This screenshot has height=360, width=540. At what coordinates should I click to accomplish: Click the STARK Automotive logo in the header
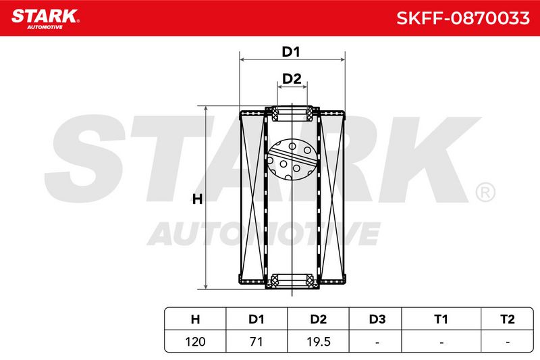[x=45, y=19]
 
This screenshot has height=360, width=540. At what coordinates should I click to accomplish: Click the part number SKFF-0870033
[x=463, y=18]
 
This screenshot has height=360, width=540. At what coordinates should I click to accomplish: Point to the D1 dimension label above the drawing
[x=291, y=52]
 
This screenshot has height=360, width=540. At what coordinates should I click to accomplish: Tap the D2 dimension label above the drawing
[x=292, y=79]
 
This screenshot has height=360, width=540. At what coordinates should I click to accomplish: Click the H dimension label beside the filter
[x=197, y=199]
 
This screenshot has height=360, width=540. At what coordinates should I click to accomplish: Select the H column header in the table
[x=195, y=319]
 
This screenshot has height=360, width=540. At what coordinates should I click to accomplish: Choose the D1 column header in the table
[x=256, y=319]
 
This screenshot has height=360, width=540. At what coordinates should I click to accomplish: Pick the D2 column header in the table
[x=318, y=319]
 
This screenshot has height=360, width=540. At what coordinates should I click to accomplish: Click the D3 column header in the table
[x=377, y=319]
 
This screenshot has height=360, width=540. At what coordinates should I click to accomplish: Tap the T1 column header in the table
[x=441, y=319]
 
